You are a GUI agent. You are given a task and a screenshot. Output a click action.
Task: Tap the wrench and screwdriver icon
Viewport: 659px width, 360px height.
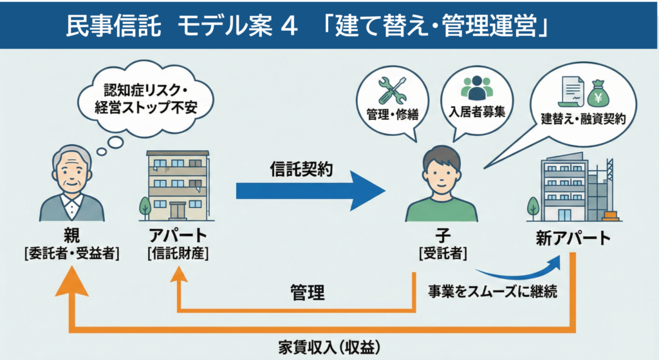pyautogui.click(x=391, y=90)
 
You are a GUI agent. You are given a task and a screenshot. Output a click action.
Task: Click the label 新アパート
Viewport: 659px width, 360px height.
pyautogui.click(x=572, y=238)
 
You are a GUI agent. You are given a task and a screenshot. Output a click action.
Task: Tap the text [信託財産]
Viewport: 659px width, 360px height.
pyautogui.click(x=178, y=252)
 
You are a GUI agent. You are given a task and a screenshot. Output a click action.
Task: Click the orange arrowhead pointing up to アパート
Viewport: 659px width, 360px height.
pyautogui.click(x=178, y=274)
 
